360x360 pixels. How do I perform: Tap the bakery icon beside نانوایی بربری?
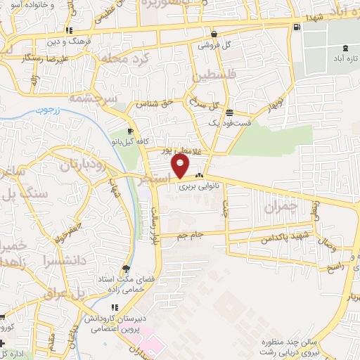point(200,176)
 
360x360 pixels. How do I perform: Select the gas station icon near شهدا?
point(296,27)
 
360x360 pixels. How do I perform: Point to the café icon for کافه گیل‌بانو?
point(130,131)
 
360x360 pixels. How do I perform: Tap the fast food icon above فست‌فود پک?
point(229,112)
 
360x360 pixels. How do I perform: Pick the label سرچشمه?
point(102,99)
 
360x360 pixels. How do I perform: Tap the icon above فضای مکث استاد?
point(126,268)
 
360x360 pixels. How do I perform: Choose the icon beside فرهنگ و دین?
point(69,30)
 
